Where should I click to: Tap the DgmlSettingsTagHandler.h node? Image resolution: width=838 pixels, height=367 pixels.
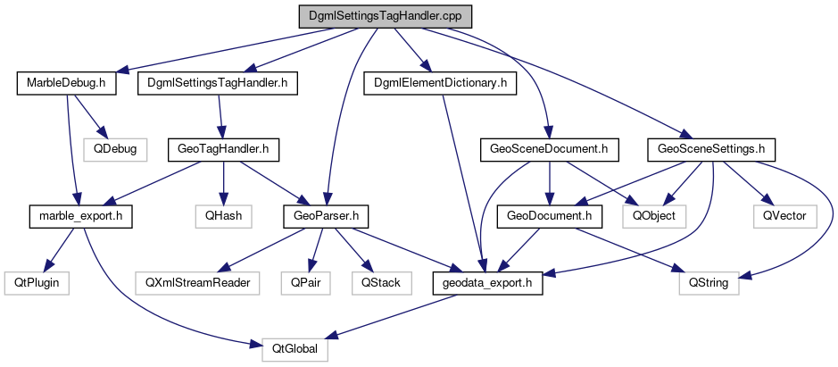[x=219, y=83]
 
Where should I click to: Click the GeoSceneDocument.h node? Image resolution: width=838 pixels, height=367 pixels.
[x=550, y=149]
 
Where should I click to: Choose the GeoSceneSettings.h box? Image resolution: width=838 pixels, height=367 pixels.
[x=712, y=149]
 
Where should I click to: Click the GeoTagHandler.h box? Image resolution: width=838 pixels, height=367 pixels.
[x=224, y=149]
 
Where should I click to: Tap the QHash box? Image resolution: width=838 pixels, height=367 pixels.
[x=224, y=215]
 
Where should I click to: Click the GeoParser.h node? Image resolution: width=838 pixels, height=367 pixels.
[x=327, y=215]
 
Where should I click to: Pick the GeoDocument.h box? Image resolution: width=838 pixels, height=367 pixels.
[x=550, y=215]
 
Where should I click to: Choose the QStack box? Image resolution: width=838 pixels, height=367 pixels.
[x=381, y=283]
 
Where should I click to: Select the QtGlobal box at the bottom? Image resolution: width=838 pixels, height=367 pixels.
[x=295, y=349]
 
